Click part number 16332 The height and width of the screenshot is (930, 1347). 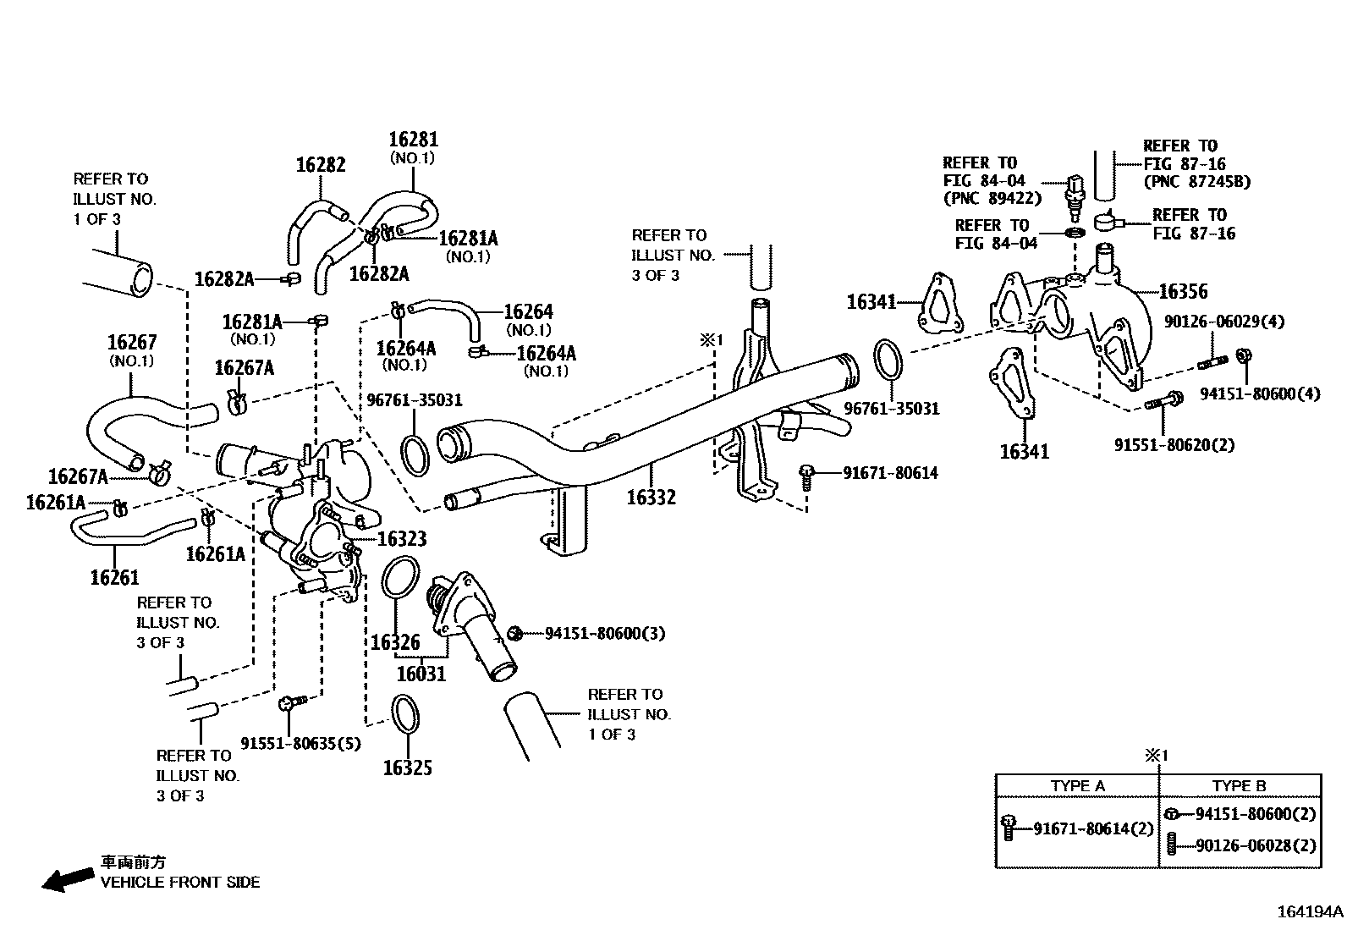[x=651, y=497]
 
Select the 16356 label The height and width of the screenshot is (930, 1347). [x=1183, y=292]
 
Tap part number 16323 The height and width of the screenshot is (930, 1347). [x=401, y=538]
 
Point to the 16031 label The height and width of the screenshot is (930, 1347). [x=421, y=674]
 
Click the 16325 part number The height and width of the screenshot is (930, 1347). [x=407, y=768]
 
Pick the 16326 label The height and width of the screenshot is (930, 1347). [x=395, y=642]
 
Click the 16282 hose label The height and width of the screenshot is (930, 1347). [x=321, y=164]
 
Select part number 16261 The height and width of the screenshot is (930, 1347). [x=114, y=577]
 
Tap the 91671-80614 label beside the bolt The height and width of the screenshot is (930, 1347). [x=890, y=473]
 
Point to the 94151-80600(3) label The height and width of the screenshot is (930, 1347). [x=604, y=633]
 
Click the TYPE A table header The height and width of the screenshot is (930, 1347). [x=1077, y=785]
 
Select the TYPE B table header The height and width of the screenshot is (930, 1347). [x=1239, y=785]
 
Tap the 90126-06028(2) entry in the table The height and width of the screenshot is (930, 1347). [x=1256, y=845]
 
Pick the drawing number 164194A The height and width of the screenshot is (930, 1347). [x=1310, y=912]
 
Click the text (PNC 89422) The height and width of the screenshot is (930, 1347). [x=992, y=199]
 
